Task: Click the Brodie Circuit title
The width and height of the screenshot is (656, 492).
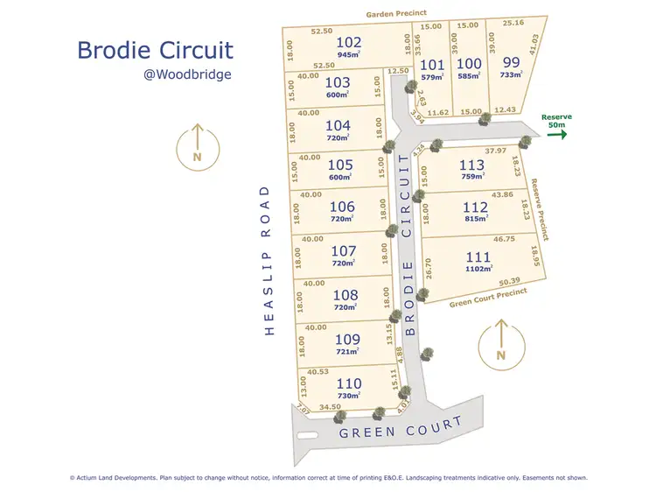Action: click(155, 49)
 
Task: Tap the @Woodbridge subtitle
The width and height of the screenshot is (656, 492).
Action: click(187, 74)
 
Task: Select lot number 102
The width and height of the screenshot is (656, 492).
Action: click(348, 42)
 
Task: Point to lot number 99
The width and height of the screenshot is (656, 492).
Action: click(512, 61)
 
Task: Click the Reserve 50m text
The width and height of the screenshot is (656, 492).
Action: click(557, 121)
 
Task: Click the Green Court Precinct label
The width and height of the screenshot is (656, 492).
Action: click(488, 298)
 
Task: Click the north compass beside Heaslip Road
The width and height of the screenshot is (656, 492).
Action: click(197, 147)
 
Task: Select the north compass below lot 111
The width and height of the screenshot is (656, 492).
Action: click(500, 343)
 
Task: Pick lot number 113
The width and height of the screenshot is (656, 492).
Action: click(471, 164)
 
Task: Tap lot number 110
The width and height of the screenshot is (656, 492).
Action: click(348, 383)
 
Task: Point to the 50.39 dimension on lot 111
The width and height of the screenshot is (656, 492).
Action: click(510, 282)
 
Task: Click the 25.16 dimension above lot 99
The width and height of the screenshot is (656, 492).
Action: click(514, 24)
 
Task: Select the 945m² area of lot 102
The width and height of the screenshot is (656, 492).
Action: click(348, 54)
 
